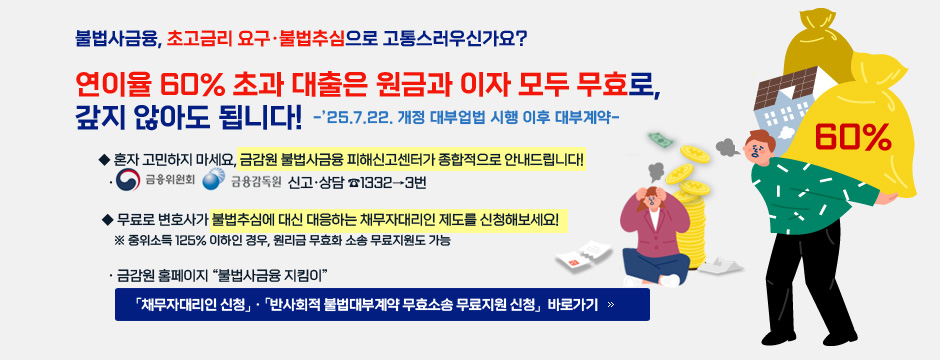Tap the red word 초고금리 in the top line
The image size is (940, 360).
coord(198,39)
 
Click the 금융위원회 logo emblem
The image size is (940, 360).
coord(128,181)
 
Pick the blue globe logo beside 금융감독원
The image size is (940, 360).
coord(213,181)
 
